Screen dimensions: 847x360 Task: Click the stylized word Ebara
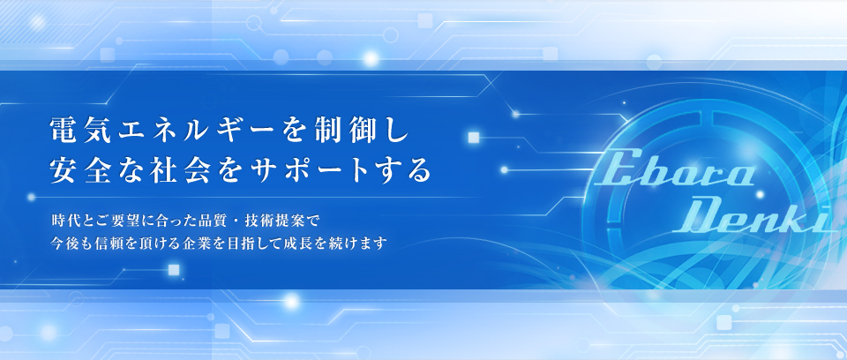675,171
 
